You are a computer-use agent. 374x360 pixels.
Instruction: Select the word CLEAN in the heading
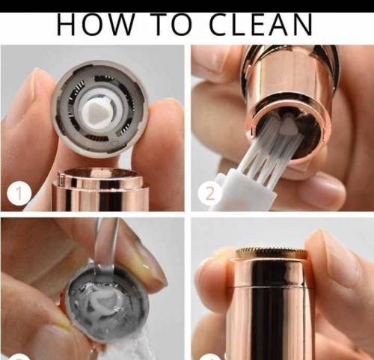[261, 25]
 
